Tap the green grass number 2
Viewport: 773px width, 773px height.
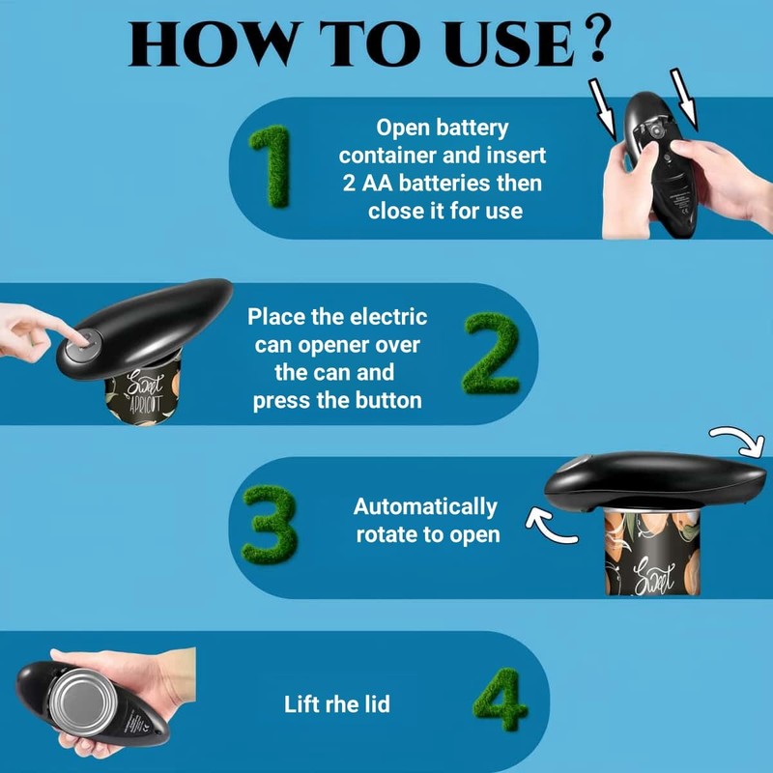point(491,353)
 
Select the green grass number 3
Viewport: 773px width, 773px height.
point(271,525)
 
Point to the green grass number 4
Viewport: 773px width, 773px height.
point(500,700)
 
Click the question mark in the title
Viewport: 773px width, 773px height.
point(595,39)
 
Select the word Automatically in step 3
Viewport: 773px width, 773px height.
point(425,506)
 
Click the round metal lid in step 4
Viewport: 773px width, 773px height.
point(83,702)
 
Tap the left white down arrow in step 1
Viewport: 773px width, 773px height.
point(602,109)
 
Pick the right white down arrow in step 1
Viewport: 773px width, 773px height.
point(684,100)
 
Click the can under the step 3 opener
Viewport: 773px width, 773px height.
point(652,551)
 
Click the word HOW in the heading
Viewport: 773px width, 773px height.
point(213,43)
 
